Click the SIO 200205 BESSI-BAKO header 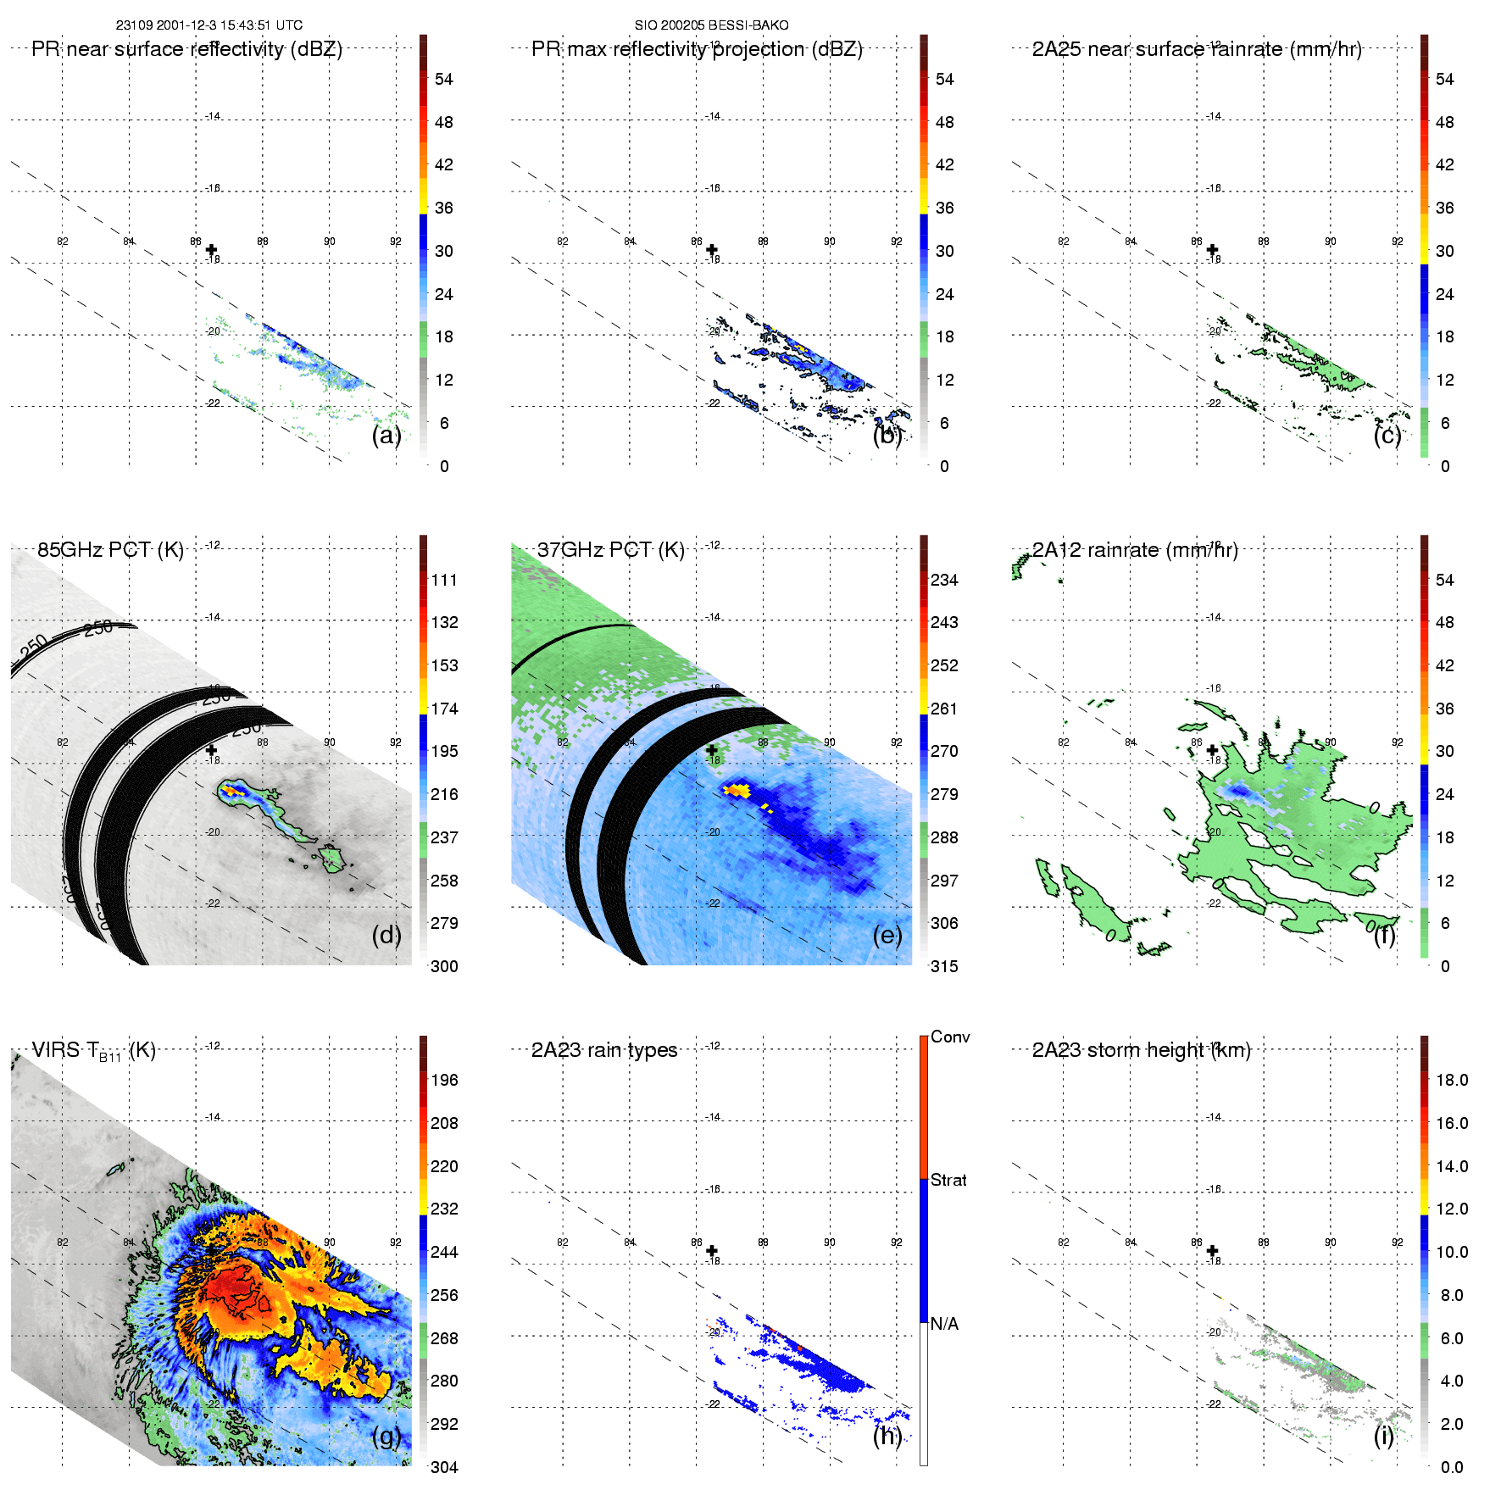711,25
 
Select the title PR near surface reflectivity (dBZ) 186,49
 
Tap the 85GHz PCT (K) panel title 110,550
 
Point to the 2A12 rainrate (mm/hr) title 1135,550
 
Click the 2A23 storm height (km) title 1141,1050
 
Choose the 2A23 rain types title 604,1050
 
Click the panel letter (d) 386,935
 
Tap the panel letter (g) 386,1435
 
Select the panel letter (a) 386,435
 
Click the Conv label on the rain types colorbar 950,1037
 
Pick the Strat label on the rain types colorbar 948,1180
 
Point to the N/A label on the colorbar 944,1324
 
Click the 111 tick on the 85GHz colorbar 444,580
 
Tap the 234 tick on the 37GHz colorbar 944,580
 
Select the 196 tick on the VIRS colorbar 444,1080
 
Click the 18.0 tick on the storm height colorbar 1451,1080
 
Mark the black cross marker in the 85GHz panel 211,750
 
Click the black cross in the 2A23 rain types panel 712,1250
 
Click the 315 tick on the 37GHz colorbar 944,966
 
